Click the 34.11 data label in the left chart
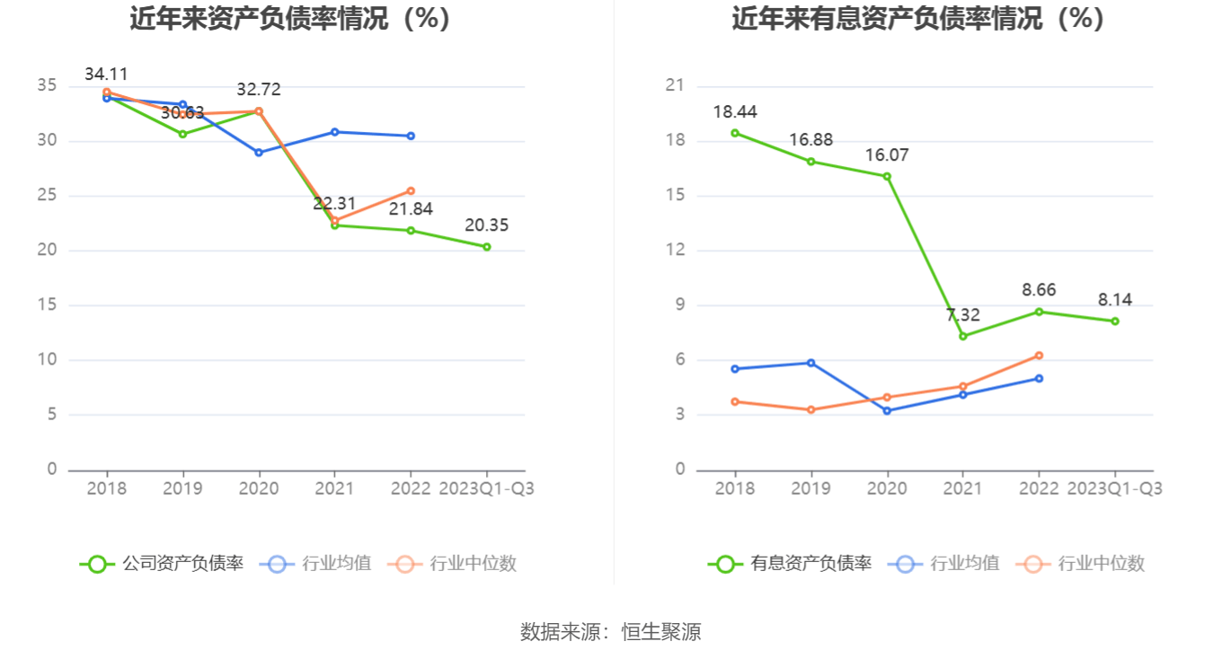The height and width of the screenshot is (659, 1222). tap(107, 75)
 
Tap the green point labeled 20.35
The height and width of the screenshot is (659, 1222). tap(487, 246)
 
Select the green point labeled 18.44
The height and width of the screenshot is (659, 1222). tap(735, 133)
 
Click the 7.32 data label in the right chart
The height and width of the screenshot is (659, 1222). tap(963, 315)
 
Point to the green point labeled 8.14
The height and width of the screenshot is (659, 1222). tap(1115, 321)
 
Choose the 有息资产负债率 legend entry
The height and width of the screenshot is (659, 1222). tap(790, 564)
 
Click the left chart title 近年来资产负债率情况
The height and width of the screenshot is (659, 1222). tap(289, 18)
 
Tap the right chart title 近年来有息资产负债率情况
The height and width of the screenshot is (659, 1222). tap(917, 18)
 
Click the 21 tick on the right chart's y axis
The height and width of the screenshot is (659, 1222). tap(675, 86)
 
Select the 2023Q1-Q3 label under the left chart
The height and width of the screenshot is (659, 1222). tap(486, 488)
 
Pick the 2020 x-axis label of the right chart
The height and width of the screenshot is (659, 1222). tap(887, 488)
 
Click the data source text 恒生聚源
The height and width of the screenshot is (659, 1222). tap(661, 632)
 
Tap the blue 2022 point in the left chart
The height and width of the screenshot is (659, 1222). tap(411, 136)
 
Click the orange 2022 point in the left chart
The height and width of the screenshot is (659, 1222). tap(411, 190)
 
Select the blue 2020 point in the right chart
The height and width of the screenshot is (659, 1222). tap(887, 410)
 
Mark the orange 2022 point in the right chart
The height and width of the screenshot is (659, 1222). tap(1039, 356)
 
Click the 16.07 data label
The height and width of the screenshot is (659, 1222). tap(887, 155)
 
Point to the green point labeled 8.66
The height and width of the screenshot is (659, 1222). tap(1039, 312)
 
